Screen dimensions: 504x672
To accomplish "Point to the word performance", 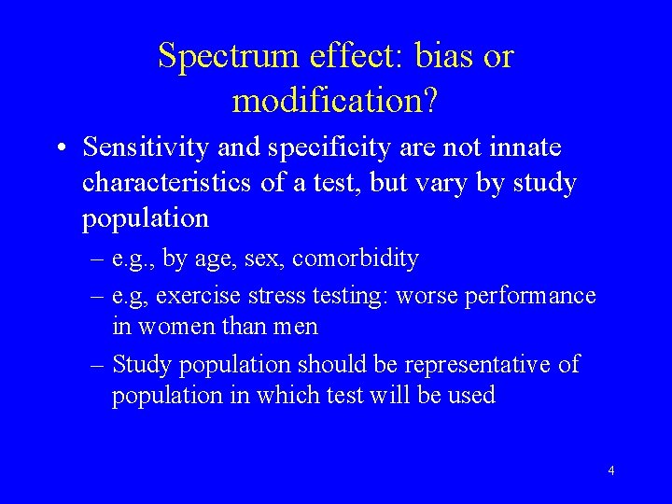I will pyautogui.click(x=534, y=297).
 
